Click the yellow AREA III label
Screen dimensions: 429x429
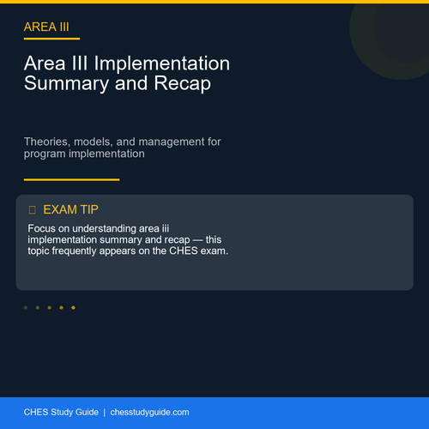(x=46, y=27)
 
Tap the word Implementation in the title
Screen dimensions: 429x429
(x=162, y=63)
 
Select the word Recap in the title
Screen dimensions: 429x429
(x=183, y=83)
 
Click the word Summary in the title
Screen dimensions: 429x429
(x=66, y=84)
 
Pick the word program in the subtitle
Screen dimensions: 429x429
(x=45, y=154)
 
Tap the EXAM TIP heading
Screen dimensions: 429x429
(x=70, y=209)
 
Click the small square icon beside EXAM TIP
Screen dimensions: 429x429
(x=33, y=210)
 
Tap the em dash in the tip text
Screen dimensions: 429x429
(x=197, y=240)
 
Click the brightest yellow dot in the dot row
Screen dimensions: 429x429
(x=73, y=308)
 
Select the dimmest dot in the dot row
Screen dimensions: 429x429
(x=26, y=308)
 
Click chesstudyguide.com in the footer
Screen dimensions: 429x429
(x=149, y=413)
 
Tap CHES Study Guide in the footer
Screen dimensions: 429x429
(x=61, y=412)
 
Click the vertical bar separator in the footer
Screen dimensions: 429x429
(x=105, y=413)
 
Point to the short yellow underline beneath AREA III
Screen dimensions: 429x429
(x=51, y=39)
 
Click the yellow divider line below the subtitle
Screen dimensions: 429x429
(x=72, y=179)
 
